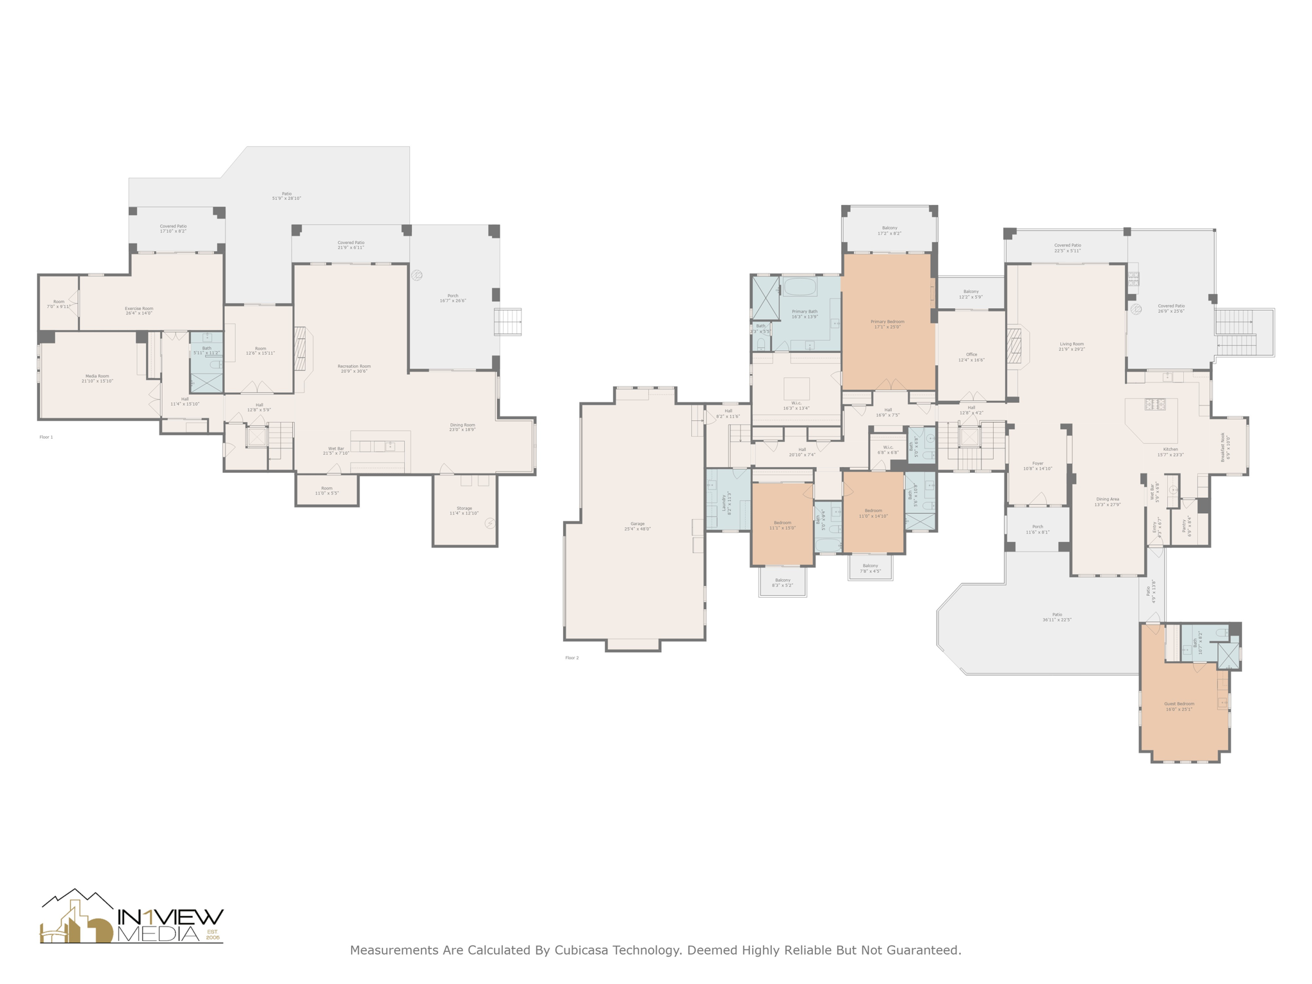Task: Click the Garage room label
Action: pyautogui.click(x=637, y=526)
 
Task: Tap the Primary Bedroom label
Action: pyautogui.click(x=887, y=324)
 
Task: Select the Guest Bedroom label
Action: pyautogui.click(x=1179, y=706)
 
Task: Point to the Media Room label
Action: pyautogui.click(x=97, y=378)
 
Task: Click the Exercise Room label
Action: pyautogui.click(x=139, y=310)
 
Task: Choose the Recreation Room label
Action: pyautogui.click(x=354, y=368)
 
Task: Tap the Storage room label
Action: pyautogui.click(x=464, y=511)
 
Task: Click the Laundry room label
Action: pyautogui.click(x=726, y=502)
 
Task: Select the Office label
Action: pyautogui.click(x=971, y=357)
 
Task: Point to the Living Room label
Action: pyautogui.click(x=1072, y=346)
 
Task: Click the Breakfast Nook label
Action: pyautogui.click(x=1225, y=447)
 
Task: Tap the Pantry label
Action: pyautogui.click(x=1186, y=525)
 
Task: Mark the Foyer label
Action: pyautogui.click(x=1038, y=466)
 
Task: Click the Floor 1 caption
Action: pyautogui.click(x=46, y=437)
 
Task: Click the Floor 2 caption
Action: pyautogui.click(x=571, y=658)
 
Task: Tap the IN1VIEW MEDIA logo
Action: pyautogui.click(x=131, y=917)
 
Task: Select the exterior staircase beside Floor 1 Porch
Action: pyautogui.click(x=508, y=322)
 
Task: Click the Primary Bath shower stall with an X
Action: pyautogui.click(x=765, y=297)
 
